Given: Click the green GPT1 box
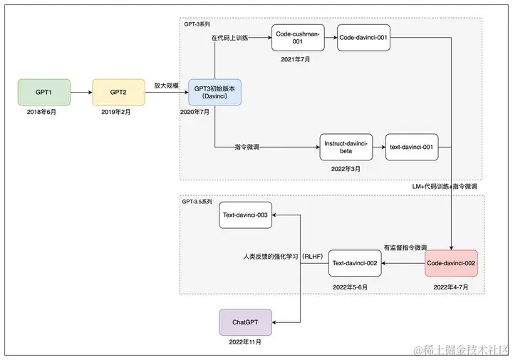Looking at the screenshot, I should pyautogui.click(x=43, y=93).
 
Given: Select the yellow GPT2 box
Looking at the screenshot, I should pyautogui.click(x=118, y=93).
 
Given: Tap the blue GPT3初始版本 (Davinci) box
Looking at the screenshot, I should pyautogui.click(x=214, y=93).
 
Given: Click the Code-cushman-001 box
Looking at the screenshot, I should pyautogui.click(x=298, y=37).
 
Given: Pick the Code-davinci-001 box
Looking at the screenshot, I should pyautogui.click(x=364, y=37).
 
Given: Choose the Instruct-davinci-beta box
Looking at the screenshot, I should pyautogui.click(x=346, y=148).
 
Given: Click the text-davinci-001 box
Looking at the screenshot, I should pyautogui.click(x=411, y=148).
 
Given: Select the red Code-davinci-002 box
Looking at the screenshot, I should pyautogui.click(x=451, y=264).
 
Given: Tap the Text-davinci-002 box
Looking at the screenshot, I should pyautogui.click(x=355, y=264).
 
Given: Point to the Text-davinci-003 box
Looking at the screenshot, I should pyautogui.click(x=245, y=215).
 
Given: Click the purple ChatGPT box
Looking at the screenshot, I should pyautogui.click(x=245, y=322).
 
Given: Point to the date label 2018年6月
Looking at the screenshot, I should pyautogui.click(x=43, y=113).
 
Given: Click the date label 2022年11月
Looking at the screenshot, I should pyautogui.click(x=245, y=342).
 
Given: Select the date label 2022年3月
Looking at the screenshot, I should pyautogui.click(x=346, y=169).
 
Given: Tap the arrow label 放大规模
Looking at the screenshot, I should pyautogui.click(x=166, y=86).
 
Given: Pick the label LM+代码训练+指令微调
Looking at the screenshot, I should pyautogui.click(x=445, y=186).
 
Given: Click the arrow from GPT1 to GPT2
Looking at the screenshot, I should pyautogui.click(x=81, y=93).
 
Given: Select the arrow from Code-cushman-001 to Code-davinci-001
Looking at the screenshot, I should pyautogui.click(x=330, y=37).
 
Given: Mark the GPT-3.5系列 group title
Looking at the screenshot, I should pyautogui.click(x=197, y=202).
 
